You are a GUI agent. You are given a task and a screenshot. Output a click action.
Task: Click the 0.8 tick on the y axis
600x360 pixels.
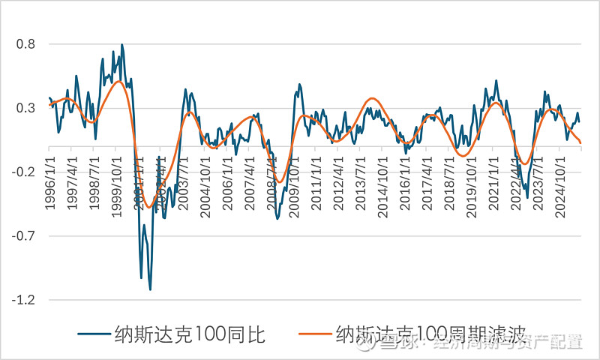point(26,44)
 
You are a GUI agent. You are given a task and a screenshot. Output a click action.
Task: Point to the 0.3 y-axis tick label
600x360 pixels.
point(26,108)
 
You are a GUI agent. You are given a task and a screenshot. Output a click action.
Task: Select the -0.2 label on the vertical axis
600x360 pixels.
point(24,172)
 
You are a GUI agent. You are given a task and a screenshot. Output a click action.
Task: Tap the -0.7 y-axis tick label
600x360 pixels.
point(24,236)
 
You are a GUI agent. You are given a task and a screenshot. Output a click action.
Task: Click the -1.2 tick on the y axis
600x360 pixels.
point(24,300)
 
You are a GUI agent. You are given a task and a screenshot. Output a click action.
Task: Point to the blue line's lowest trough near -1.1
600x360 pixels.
point(150,289)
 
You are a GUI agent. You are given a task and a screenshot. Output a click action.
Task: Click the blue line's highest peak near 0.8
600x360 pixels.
point(121,44)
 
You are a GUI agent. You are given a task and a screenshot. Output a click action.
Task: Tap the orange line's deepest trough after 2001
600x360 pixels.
point(150,207)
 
